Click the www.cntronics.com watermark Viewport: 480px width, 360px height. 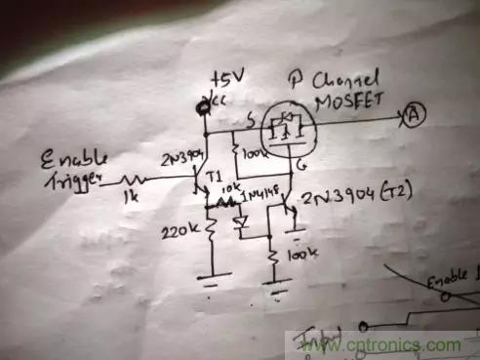coord(374,344)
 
